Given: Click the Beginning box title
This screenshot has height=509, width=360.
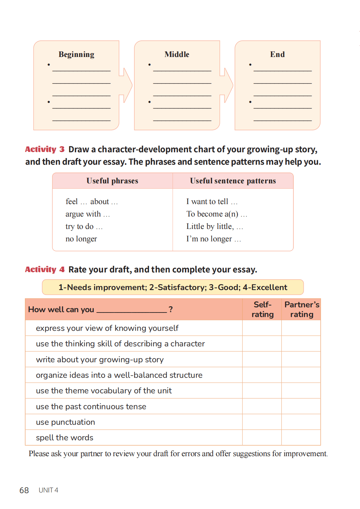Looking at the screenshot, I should [x=76, y=55].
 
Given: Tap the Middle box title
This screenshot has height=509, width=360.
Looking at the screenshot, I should [x=177, y=55].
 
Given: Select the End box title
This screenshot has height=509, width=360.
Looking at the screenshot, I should [x=277, y=55].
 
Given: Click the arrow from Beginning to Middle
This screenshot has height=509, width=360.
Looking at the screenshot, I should [x=126, y=85].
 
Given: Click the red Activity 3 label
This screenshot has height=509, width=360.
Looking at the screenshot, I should [x=45, y=149].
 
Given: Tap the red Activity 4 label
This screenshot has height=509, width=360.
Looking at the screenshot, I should [x=45, y=269].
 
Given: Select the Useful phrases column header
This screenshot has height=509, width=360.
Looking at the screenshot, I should [x=112, y=181].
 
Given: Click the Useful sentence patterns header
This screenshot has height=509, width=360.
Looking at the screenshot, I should [x=233, y=181].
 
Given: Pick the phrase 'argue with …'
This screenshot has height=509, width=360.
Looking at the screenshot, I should [x=87, y=214].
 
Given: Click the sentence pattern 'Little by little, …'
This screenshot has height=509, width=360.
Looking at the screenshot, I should [x=214, y=227].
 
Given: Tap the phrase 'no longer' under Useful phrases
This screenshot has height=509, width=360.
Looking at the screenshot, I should [x=81, y=239].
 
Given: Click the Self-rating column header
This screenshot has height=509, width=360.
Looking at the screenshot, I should [x=262, y=309].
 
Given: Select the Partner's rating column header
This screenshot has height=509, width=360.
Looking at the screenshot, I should [x=301, y=309].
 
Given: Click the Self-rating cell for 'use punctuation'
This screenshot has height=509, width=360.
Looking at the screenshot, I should [x=262, y=422].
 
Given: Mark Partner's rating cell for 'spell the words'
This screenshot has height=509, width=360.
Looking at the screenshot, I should [x=301, y=438].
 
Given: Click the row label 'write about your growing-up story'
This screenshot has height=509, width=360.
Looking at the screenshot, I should [x=100, y=359].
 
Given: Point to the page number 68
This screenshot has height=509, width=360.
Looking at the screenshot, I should [x=24, y=490].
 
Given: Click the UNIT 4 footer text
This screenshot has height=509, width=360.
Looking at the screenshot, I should [x=48, y=490].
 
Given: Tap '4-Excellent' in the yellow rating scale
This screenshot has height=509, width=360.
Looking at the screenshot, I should [x=265, y=287].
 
